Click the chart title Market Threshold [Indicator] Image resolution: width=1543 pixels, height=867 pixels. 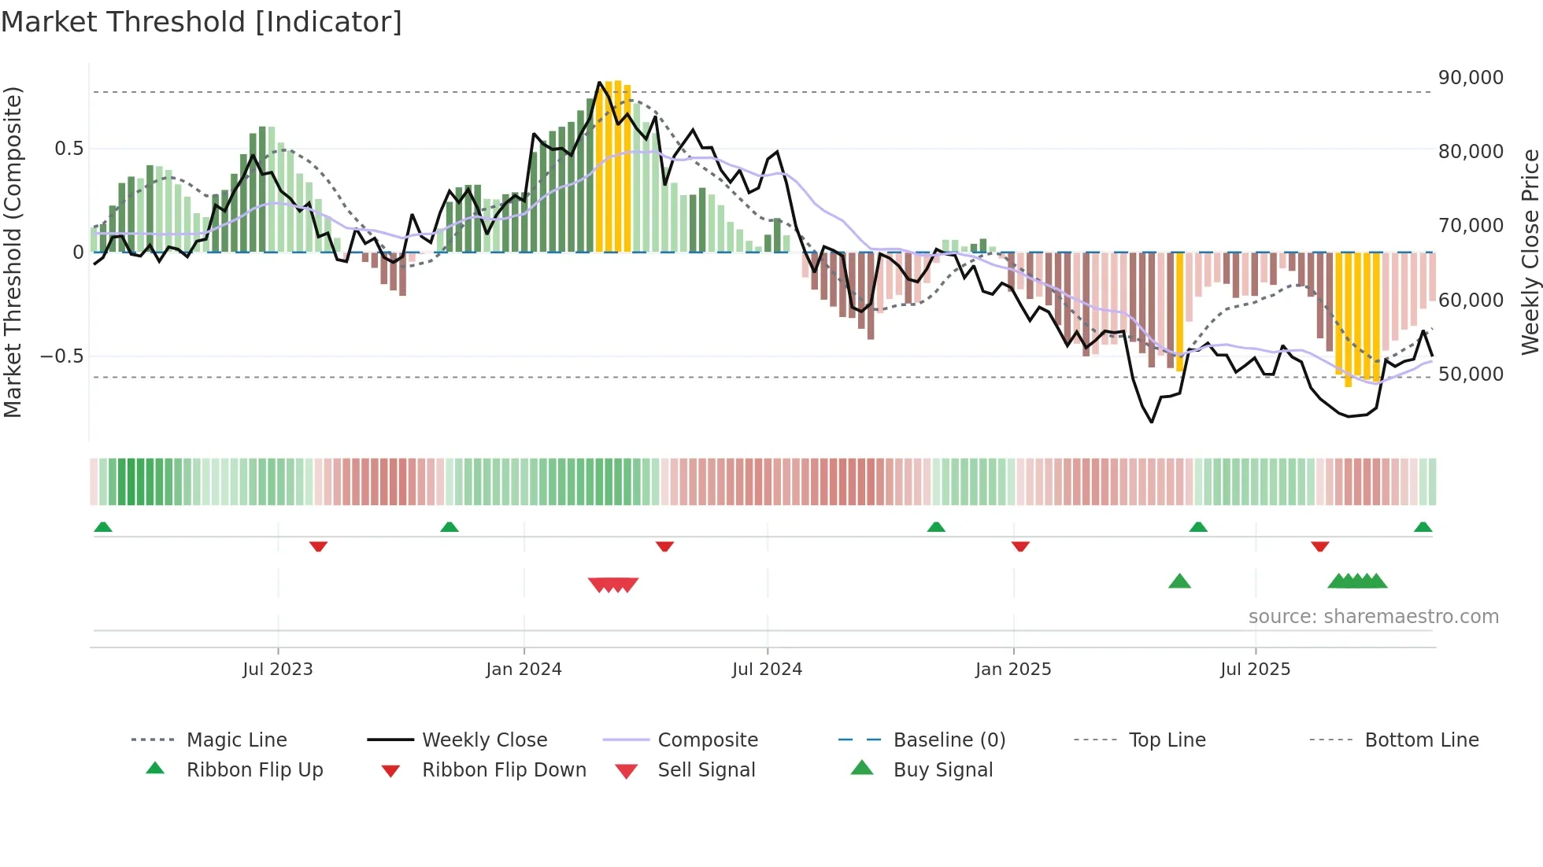coord(202,22)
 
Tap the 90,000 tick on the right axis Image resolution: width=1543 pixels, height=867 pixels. coord(1471,78)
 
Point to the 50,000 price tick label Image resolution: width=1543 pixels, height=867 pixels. coord(1471,374)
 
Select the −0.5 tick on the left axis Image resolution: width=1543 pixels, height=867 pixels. coord(62,356)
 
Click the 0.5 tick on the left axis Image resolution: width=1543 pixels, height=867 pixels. coord(68,149)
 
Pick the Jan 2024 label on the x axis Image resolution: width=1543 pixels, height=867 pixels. coord(524,670)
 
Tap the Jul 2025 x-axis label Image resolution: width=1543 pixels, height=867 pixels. coord(1255,670)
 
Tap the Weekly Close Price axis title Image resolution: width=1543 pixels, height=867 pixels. coord(1530,252)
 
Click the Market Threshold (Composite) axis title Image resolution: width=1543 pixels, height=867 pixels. coord(13,252)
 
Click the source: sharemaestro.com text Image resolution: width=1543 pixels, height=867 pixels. coord(1373,617)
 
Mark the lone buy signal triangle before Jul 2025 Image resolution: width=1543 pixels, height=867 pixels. coord(1179,581)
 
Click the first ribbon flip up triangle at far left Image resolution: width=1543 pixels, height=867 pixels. coord(103,527)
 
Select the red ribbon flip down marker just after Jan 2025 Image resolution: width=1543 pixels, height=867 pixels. coord(1020,546)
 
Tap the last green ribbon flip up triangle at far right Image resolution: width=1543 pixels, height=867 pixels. coord(1423,527)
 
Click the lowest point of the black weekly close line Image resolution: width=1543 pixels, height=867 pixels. coord(1151,422)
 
